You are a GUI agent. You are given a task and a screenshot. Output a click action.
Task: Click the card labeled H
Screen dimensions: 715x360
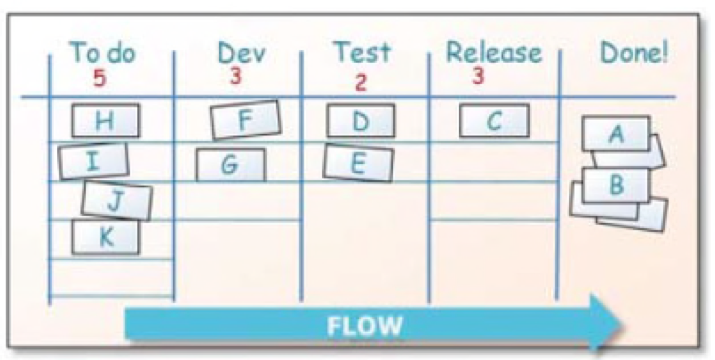(x=105, y=121)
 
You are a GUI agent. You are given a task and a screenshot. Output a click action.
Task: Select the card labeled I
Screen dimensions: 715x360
(x=93, y=161)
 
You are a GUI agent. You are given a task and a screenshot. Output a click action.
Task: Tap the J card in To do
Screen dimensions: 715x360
(x=116, y=201)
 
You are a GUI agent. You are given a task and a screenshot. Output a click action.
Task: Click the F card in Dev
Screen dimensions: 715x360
(x=246, y=120)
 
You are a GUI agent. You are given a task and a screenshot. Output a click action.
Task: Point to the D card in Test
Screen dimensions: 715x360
(x=361, y=121)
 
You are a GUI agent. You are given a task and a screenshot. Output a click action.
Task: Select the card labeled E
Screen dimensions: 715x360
(x=358, y=163)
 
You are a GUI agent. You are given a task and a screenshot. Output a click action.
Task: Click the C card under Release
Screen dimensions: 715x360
(x=494, y=121)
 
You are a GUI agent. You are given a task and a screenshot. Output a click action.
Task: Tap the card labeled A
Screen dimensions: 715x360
(x=616, y=133)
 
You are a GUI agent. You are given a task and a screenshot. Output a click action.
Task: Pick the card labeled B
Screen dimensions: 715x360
(x=616, y=185)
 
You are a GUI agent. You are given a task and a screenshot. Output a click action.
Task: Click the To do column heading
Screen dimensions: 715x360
(x=103, y=53)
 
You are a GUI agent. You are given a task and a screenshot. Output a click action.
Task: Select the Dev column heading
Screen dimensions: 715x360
(x=241, y=53)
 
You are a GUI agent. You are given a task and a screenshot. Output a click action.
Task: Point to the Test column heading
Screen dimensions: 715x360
(x=363, y=52)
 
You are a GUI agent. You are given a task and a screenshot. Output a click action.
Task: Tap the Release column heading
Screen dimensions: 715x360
(x=494, y=53)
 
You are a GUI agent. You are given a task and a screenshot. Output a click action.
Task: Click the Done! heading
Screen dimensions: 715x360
(x=634, y=53)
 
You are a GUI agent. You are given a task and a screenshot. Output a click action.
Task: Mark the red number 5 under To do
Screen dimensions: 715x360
(x=100, y=78)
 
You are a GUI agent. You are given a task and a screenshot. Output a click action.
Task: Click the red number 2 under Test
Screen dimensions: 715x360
(x=360, y=83)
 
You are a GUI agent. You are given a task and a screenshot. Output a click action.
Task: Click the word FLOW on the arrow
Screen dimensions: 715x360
(x=364, y=326)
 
